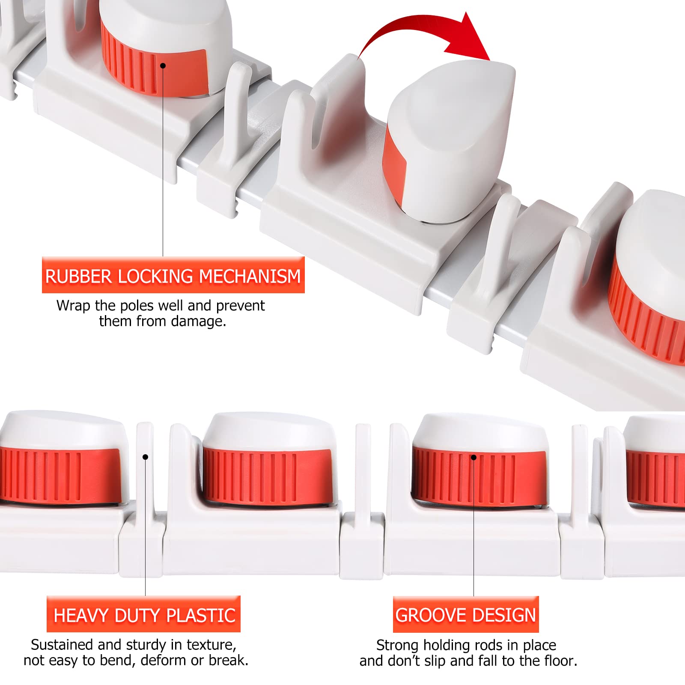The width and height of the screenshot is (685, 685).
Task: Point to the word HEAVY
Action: pos(81,616)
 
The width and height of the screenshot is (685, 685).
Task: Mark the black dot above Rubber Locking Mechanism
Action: pos(163,66)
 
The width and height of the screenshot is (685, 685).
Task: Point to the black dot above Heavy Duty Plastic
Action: pos(145,457)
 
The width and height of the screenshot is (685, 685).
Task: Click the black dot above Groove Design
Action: pos(474,457)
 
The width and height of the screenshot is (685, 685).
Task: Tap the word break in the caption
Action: pos(229,660)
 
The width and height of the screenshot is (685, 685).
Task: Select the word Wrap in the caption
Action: pos(74,306)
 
